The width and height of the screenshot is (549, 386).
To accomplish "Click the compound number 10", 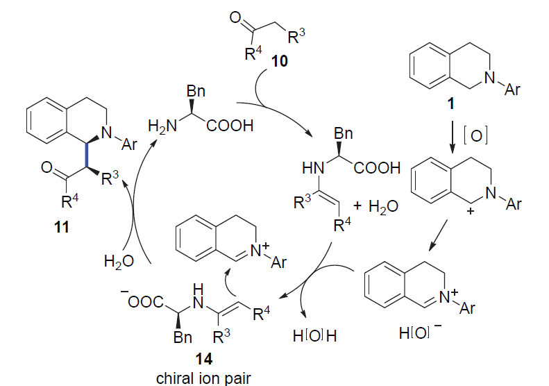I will coord(280,62).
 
